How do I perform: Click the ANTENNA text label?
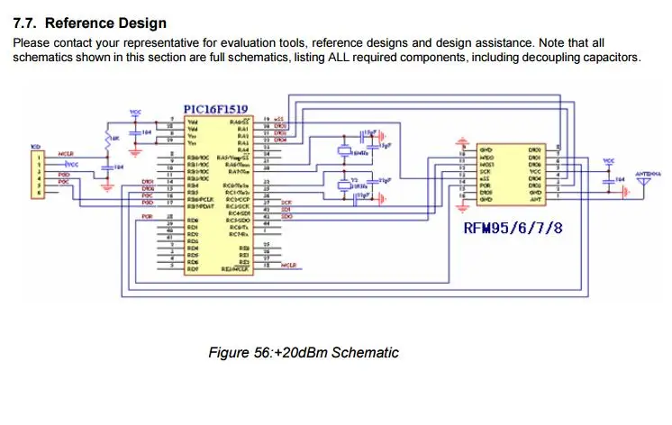pos(648,171)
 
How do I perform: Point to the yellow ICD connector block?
pos(38,174)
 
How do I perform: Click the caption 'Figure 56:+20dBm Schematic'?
pos(303,352)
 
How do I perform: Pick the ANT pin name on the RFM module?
pos(535,199)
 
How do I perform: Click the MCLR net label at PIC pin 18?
pos(289,267)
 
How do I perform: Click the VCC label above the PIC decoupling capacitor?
pos(136,113)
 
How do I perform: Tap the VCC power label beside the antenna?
pos(609,161)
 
